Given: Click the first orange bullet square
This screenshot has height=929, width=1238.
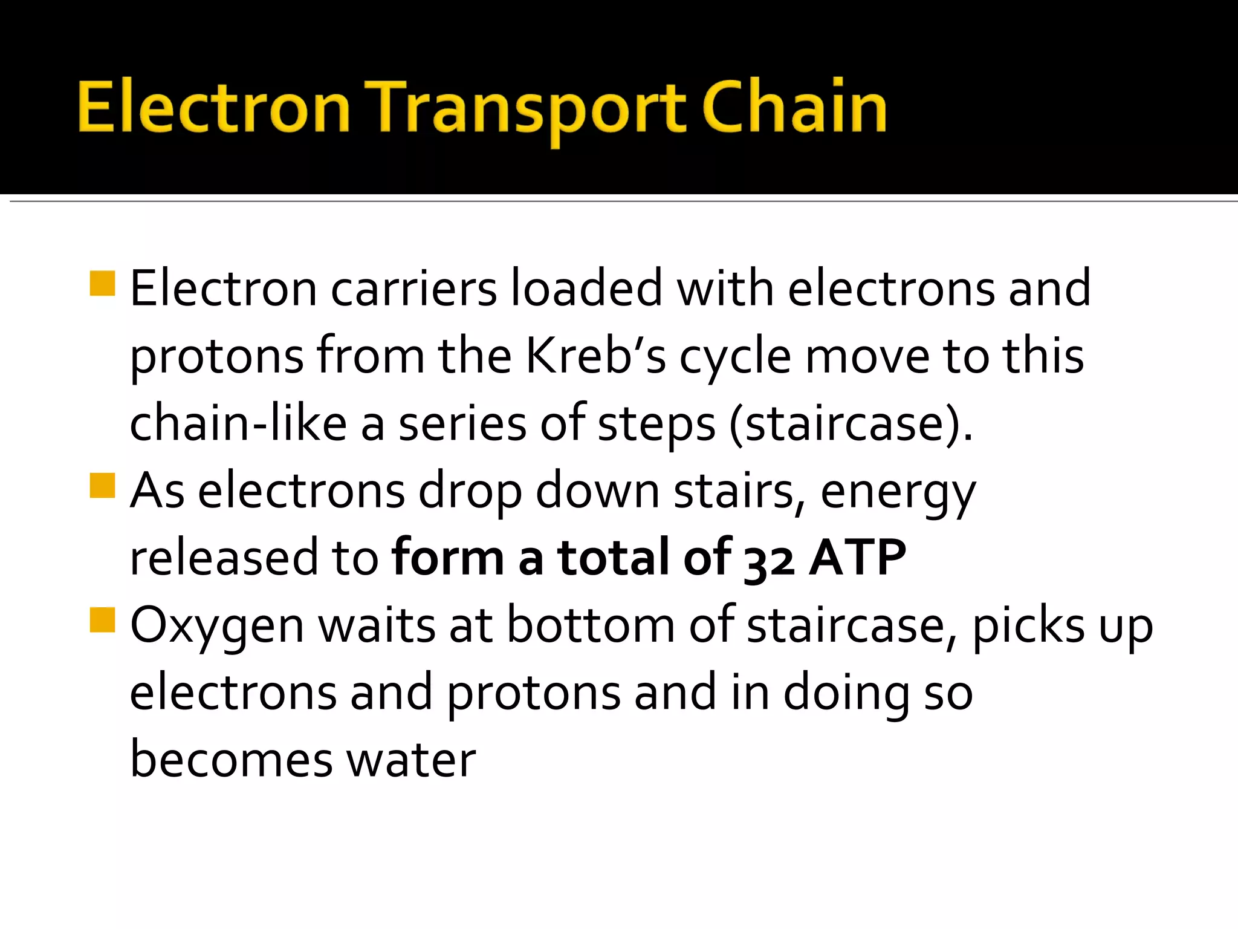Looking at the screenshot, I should (102, 283).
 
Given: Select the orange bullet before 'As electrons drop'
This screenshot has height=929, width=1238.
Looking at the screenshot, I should (102, 485).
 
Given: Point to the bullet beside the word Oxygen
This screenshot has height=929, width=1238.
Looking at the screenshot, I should (102, 620).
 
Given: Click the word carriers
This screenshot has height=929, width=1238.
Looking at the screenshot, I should (413, 289).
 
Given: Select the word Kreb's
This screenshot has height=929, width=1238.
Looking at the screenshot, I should (595, 356).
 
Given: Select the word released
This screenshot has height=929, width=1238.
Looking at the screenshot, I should (223, 558).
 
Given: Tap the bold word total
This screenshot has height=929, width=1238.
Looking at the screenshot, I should (613, 558).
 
